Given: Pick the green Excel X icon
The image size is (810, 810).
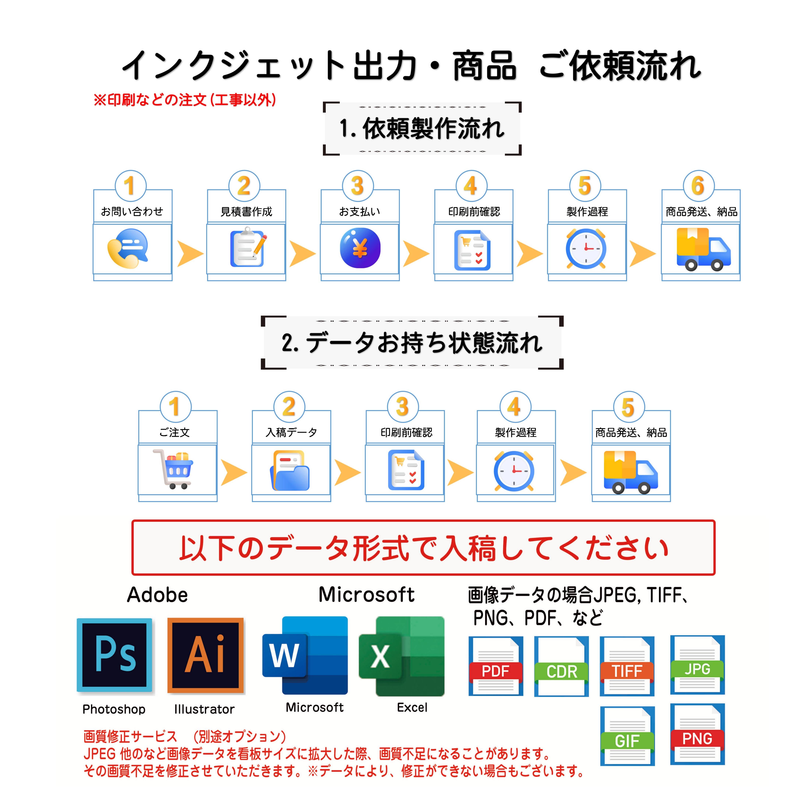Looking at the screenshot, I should click(401, 655).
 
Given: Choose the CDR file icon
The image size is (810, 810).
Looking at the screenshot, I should click(561, 667).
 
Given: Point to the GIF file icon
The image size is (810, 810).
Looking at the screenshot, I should click(627, 736).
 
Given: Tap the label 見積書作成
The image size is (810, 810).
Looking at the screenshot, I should click(246, 212).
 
